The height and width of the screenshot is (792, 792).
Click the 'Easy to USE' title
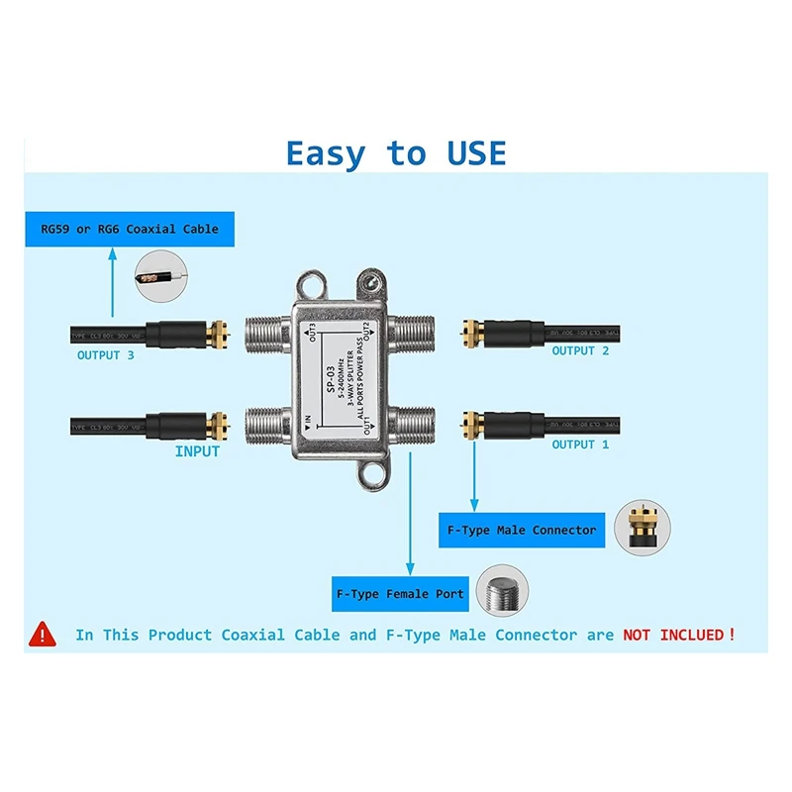click(396, 153)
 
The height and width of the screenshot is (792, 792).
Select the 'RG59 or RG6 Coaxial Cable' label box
click(123, 229)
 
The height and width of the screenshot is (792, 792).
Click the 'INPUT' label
click(197, 451)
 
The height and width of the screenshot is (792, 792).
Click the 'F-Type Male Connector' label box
click(522, 531)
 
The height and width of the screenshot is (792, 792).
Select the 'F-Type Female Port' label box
click(399, 594)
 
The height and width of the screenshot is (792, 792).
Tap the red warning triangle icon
click(42, 633)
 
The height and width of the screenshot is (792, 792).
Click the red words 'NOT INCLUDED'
click(673, 635)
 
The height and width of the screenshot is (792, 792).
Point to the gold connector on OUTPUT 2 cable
click(476, 333)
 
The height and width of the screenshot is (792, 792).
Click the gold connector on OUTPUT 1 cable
click(476, 427)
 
